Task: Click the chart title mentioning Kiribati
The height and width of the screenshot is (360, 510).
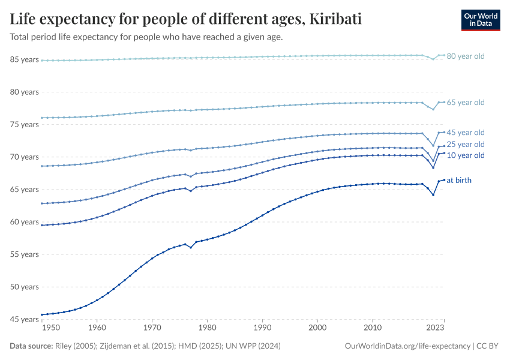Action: tap(185, 19)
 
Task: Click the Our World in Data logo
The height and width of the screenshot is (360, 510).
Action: tap(480, 20)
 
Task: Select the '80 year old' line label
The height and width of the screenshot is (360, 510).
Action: tap(465, 56)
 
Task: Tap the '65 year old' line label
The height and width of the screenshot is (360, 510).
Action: tap(465, 103)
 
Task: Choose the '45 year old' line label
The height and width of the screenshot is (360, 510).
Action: tap(465, 132)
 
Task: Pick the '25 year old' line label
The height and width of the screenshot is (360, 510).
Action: tap(465, 144)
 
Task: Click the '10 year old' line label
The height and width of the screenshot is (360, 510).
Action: tap(465, 155)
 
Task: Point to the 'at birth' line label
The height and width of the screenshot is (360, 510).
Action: tap(463, 180)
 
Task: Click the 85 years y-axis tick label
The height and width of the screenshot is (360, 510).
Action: tap(24, 59)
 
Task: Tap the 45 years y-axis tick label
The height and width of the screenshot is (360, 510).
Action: tap(24, 319)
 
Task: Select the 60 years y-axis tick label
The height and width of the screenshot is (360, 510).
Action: tap(24, 222)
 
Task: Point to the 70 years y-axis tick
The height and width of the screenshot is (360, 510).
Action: tap(24, 157)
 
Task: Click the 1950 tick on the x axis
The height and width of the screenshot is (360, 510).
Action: tap(51, 328)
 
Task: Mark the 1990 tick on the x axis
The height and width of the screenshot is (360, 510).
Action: tap(262, 328)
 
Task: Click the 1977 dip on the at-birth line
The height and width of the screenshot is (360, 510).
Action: tap(191, 247)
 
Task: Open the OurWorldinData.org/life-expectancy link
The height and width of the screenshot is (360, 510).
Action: tap(408, 346)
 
